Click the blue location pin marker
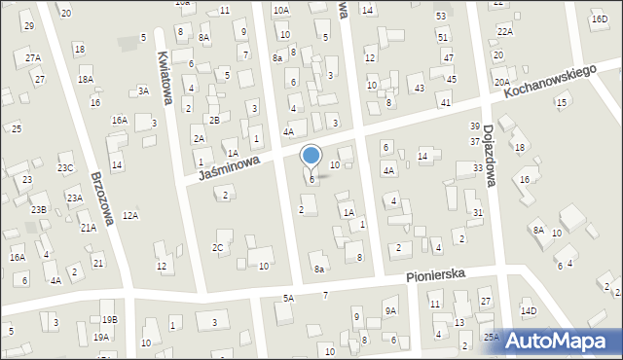tap(311, 156)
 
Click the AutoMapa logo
tap(566, 339)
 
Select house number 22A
tap(504, 31)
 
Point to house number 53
tap(441, 17)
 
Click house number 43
tap(419, 89)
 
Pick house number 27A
tap(33, 58)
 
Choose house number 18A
tap(86, 80)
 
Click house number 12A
tap(130, 216)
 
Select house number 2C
tap(218, 248)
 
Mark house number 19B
tap(109, 319)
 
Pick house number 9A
tap(390, 311)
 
